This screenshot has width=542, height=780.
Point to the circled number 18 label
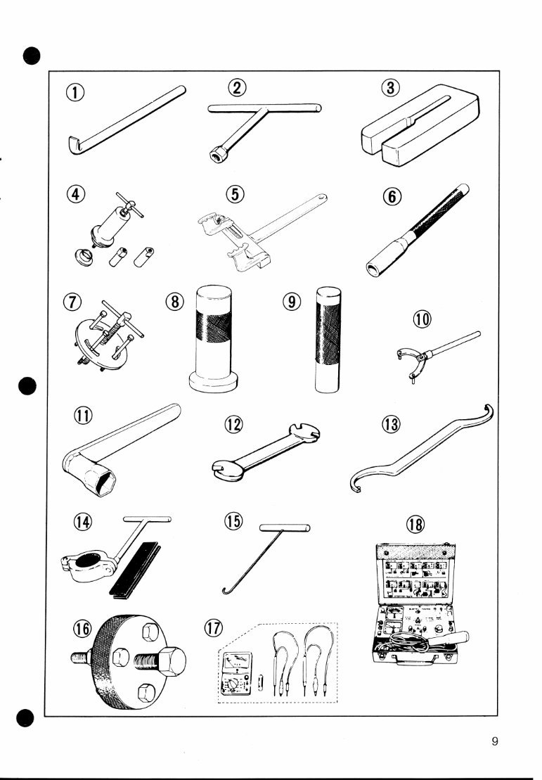click(416, 524)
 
